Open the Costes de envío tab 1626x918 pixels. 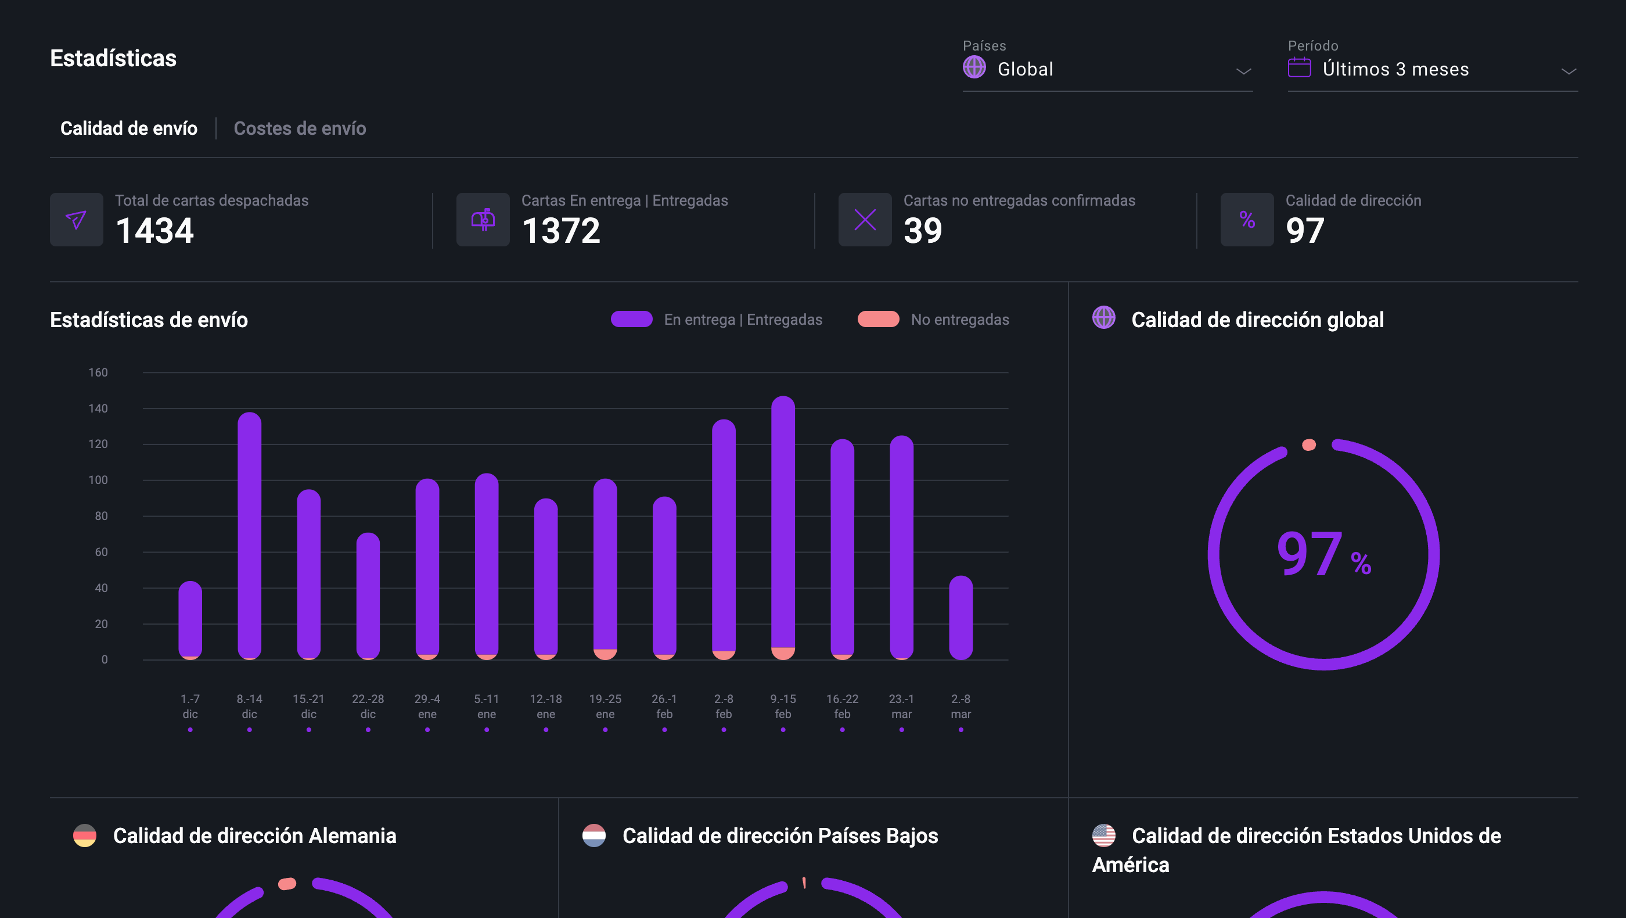[x=299, y=128]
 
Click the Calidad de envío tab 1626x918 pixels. [x=129, y=128]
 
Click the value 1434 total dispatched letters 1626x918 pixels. [x=154, y=231]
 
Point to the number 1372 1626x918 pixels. [x=560, y=231]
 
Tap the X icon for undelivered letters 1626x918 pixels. [x=865, y=220]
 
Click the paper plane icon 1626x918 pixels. [x=77, y=220]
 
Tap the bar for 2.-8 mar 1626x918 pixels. [x=961, y=617]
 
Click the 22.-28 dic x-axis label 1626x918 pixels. [x=368, y=706]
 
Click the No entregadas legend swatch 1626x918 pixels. [x=878, y=320]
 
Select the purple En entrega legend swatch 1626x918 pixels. [x=631, y=320]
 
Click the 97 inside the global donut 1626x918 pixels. [x=1309, y=554]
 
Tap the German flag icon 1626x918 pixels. [x=85, y=835]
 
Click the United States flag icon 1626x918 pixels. [x=1103, y=835]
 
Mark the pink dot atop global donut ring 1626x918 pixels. [x=1309, y=445]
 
